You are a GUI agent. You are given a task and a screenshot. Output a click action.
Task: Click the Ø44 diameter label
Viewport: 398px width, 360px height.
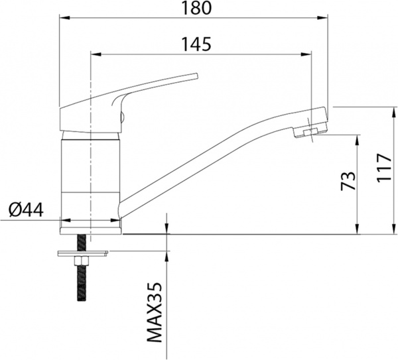(26, 210)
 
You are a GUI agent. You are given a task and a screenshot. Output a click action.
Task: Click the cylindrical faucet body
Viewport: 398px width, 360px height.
(88, 172)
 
